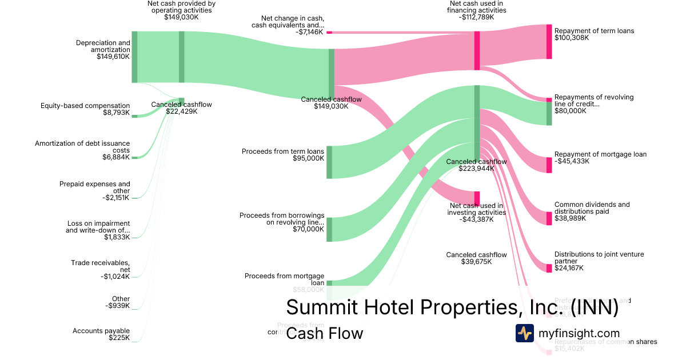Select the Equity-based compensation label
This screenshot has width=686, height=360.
tap(85, 106)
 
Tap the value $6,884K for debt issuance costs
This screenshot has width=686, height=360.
tap(116, 157)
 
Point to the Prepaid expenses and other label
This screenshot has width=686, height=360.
tap(94, 187)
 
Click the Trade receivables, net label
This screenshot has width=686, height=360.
tap(101, 266)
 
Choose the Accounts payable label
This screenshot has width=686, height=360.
tap(101, 331)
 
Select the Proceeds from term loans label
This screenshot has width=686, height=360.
tap(282, 151)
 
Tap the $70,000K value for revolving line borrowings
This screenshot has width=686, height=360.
tap(308, 229)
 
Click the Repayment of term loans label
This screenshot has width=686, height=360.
tap(594, 31)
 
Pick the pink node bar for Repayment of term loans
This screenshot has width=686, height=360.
tap(549, 41)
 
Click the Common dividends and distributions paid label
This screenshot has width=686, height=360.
tap(592, 208)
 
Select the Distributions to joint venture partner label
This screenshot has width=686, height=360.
tap(594, 258)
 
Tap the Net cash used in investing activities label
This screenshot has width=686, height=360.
tap(476, 209)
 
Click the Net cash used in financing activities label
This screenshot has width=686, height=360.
tap(476, 7)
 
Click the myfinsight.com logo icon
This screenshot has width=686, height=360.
tap(524, 333)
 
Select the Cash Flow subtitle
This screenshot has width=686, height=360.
tap(324, 333)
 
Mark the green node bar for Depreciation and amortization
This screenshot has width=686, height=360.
tap(134, 57)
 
